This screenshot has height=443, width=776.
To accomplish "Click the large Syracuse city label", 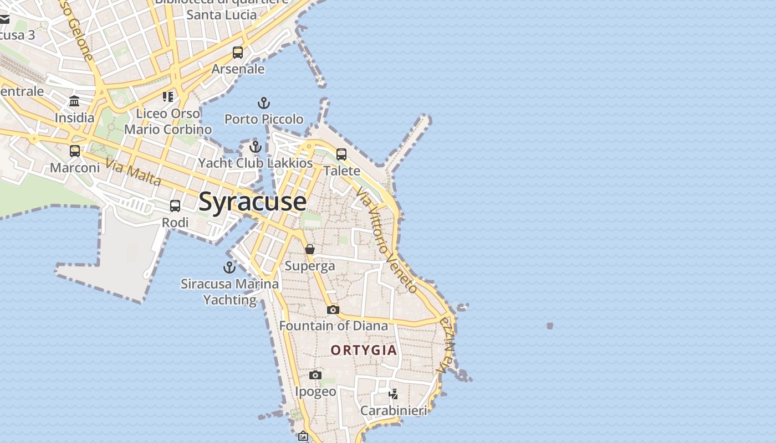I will coord(252,201).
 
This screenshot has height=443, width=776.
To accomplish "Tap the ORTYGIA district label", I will coord(364,350).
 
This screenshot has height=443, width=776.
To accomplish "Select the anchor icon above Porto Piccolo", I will coord(264,103).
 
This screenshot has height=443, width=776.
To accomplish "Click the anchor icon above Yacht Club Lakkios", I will coord(256,147).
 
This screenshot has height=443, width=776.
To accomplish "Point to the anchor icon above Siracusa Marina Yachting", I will coord(229,268).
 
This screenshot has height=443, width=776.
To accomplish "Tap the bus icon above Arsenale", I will coord(238,53).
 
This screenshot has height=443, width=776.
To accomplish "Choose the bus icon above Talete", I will coord(341,154).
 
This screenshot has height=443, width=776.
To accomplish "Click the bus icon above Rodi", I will coord(175,207).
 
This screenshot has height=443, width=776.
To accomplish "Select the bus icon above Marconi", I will coord(75,151).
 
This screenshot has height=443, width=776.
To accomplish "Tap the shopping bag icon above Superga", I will coord(310,250).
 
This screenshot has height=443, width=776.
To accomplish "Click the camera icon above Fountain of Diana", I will coord(333,310).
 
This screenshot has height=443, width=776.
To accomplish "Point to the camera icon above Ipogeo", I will coord(315,375).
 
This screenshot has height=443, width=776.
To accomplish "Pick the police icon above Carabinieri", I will coord(394,394).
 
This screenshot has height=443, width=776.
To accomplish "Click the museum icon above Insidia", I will coord(74,101).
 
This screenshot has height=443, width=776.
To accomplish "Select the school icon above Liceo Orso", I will coord(168,97).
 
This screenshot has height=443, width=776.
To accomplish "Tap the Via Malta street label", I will coord(134,172).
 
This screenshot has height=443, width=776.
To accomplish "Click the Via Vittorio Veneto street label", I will coord(386,240).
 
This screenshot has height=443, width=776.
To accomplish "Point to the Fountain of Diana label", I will coord(334,326).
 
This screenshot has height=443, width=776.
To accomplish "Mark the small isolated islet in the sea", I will coord(550,326).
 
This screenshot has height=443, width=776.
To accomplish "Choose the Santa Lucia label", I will coord(222,15).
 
